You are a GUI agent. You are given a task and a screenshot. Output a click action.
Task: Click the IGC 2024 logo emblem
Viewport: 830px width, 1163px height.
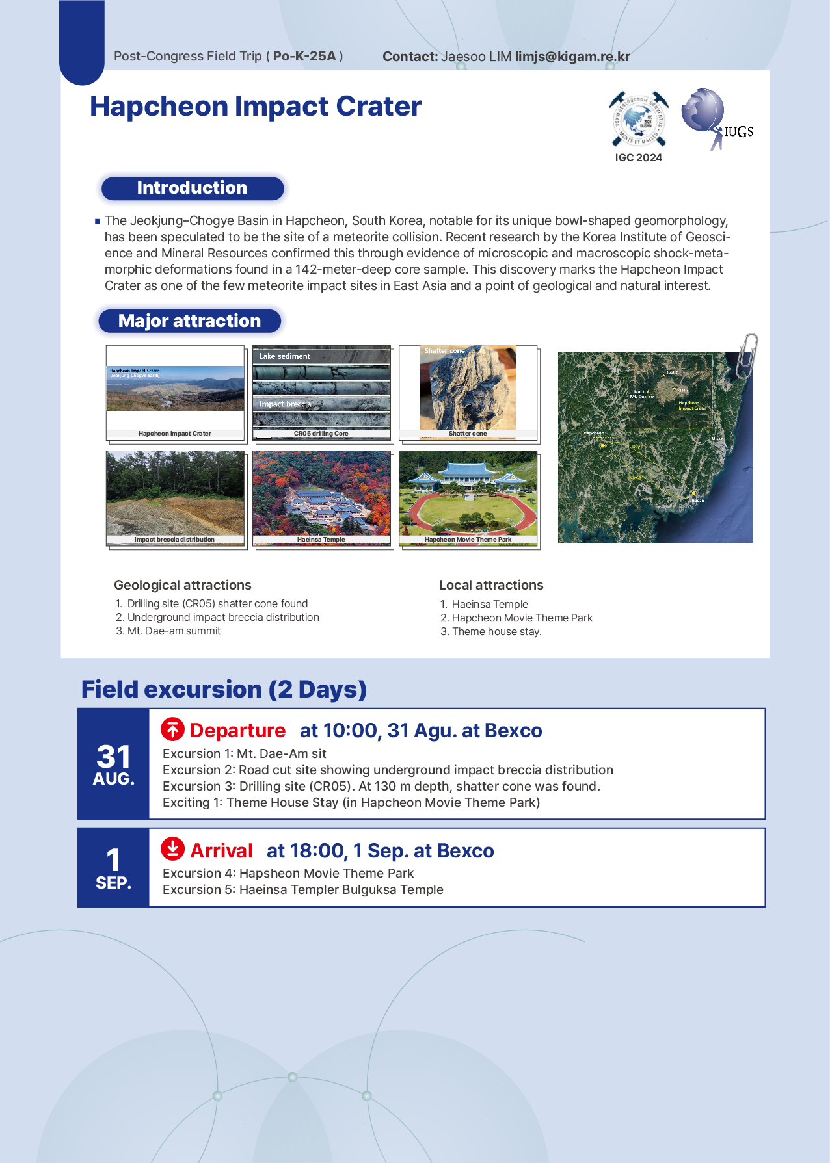tap(638, 120)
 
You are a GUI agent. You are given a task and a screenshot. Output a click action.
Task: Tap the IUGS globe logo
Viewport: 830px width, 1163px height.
tap(704, 111)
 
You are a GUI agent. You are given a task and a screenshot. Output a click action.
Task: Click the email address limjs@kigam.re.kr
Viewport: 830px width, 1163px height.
tap(572, 57)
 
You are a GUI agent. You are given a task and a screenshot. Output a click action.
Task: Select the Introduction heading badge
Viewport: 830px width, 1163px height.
tap(193, 188)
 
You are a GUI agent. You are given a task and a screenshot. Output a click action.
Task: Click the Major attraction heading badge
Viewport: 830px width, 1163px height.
tap(189, 321)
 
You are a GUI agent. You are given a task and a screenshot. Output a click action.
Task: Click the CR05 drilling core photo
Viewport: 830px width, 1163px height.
tap(321, 391)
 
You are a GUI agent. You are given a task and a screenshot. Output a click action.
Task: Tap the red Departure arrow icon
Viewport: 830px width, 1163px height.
tap(172, 730)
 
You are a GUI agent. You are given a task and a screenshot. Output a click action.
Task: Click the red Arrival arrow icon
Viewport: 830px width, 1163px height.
tap(172, 849)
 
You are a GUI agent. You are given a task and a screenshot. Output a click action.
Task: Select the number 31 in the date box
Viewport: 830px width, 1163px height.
tap(113, 757)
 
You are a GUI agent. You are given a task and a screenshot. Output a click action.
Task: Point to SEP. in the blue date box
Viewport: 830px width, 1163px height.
tap(113, 883)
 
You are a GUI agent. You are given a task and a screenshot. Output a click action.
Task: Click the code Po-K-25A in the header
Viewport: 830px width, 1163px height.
tap(304, 57)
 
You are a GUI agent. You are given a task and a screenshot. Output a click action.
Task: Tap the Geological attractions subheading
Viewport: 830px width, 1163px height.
tap(183, 585)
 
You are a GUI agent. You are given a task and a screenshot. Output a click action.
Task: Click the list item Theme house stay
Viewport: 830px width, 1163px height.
tap(496, 632)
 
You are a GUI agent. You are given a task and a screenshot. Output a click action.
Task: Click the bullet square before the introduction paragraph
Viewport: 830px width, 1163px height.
tap(98, 222)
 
